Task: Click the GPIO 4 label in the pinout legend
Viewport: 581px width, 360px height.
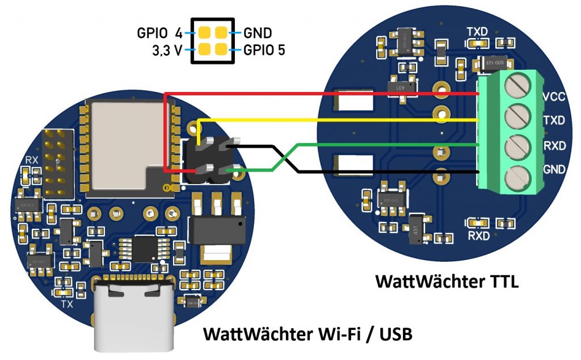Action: pos(159,33)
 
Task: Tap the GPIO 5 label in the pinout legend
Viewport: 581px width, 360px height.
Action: pos(264,49)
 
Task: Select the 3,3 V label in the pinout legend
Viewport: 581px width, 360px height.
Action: pos(167,50)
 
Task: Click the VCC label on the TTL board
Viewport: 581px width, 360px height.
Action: pos(554,97)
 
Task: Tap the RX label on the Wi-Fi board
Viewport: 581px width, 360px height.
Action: pos(32,161)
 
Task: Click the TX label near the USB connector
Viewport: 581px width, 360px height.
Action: pos(67,304)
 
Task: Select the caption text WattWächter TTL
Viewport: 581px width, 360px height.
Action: pos(447,282)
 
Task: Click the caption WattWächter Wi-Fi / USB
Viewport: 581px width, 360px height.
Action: pos(308,333)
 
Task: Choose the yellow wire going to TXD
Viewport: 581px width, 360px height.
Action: pos(340,120)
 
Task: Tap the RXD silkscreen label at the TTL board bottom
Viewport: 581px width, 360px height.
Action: pos(478,235)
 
